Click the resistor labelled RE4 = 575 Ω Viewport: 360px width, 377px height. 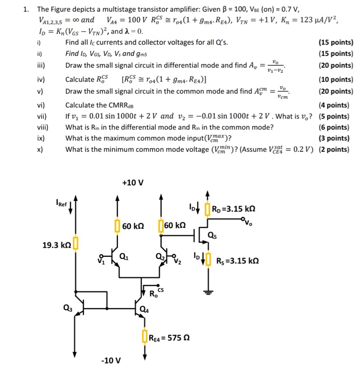[145, 338]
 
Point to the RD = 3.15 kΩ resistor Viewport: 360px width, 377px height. [207, 208]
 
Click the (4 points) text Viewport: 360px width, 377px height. [336, 106]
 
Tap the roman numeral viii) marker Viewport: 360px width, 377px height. [43, 128]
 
